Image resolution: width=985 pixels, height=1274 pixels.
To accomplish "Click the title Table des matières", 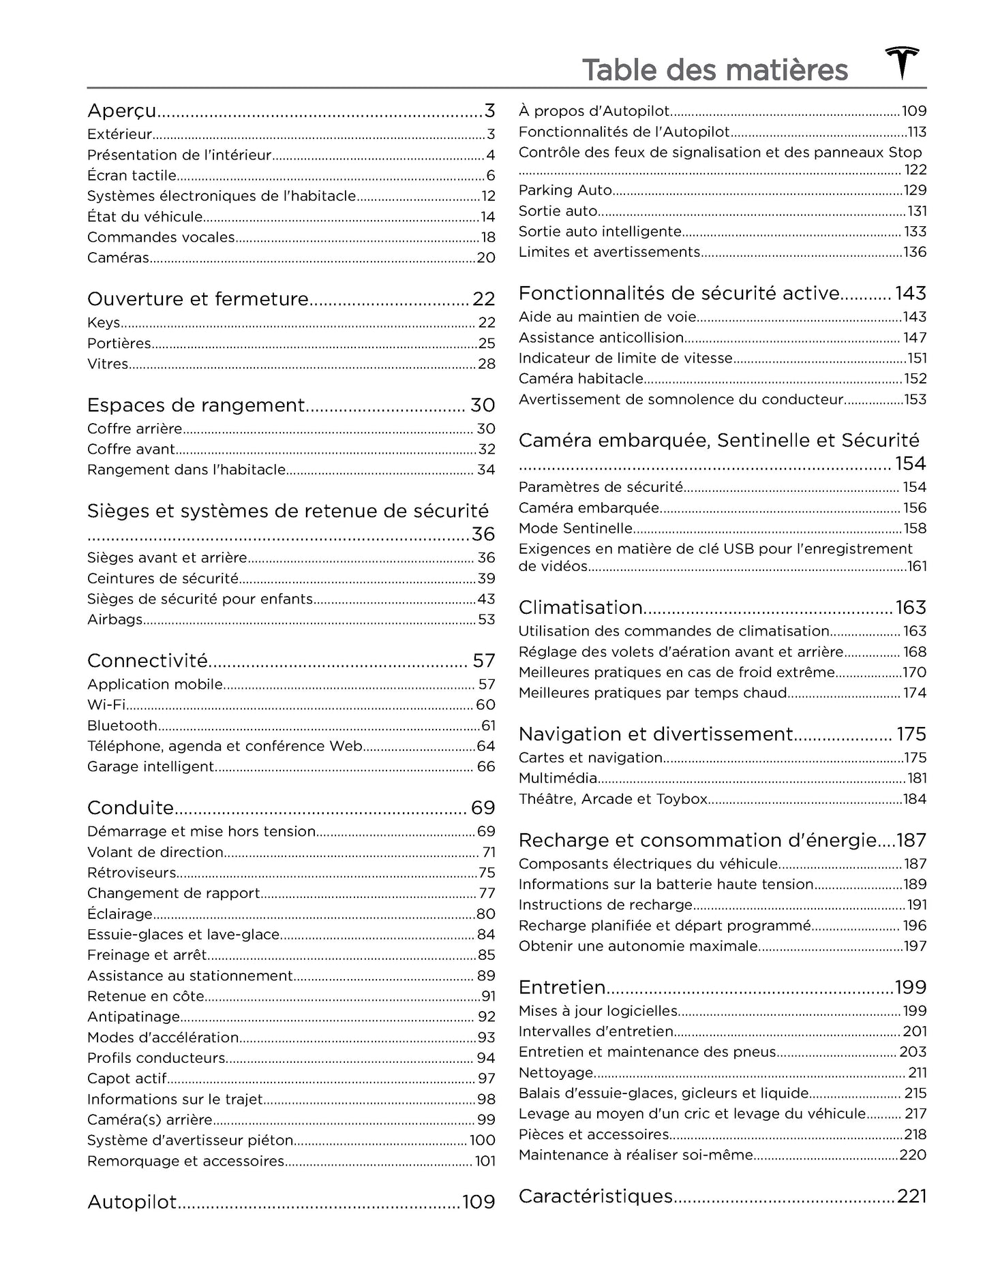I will tap(714, 70).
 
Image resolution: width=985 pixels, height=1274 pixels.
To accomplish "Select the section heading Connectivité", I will tap(147, 661).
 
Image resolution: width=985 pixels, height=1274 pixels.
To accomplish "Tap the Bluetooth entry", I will tap(122, 726).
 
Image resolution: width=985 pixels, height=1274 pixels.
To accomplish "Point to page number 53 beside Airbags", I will tap(486, 620).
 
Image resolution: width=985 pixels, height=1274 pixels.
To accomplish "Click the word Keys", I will tap(104, 323).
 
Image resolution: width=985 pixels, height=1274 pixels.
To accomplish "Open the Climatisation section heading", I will tap(581, 608).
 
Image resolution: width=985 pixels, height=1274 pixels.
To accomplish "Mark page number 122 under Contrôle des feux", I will tap(915, 170).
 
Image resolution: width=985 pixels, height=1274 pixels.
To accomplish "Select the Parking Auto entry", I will tap(565, 190).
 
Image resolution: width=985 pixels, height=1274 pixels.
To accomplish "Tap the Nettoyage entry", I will tap(556, 1073).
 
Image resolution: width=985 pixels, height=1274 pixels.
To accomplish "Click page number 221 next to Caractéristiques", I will tap(911, 1196).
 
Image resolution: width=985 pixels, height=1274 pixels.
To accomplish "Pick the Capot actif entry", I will tap(127, 1078).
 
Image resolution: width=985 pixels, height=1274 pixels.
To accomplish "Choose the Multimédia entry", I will tap(558, 778).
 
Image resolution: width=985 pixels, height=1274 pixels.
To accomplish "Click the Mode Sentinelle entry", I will tap(575, 529).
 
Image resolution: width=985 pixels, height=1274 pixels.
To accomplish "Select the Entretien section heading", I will tap(562, 987).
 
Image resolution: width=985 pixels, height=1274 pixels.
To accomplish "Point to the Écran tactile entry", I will tap(132, 176).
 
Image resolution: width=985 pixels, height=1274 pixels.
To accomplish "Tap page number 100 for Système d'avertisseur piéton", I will tap(483, 1140).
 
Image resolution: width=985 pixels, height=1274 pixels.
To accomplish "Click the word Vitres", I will tap(108, 364).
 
